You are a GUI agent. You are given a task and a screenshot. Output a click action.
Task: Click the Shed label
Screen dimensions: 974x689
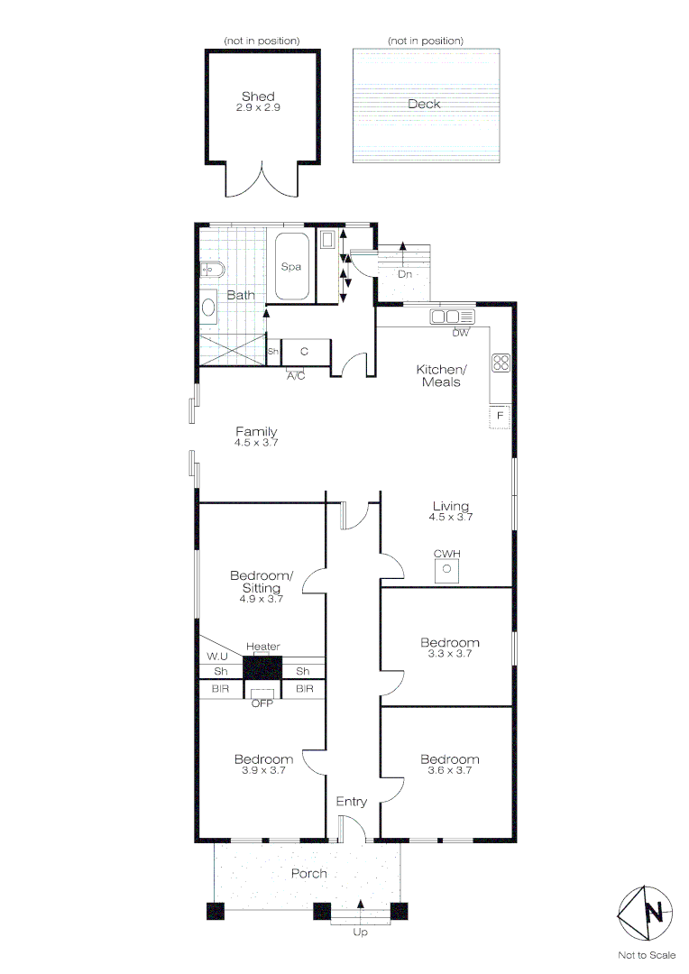click(258, 96)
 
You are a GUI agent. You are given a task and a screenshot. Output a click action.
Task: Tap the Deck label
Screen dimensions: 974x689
click(424, 104)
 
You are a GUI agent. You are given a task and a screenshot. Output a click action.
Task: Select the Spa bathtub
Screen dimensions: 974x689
click(291, 267)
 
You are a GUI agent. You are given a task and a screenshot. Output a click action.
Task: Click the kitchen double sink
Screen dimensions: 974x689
click(452, 317)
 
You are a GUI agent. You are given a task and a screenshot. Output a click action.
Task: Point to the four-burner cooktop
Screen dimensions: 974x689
click(501, 363)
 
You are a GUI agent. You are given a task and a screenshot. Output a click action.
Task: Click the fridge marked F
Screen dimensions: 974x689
click(500, 416)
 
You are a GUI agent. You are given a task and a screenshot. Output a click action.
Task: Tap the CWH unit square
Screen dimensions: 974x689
click(446, 569)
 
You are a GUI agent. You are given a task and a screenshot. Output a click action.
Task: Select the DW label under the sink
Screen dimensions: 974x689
click(461, 333)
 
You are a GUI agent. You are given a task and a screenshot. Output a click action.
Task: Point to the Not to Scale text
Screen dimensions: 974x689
click(646, 955)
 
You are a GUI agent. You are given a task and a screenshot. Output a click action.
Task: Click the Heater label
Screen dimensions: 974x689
click(262, 647)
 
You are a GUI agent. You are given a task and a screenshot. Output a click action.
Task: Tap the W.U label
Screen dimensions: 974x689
click(217, 656)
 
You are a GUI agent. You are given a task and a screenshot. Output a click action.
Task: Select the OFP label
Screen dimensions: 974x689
click(262, 703)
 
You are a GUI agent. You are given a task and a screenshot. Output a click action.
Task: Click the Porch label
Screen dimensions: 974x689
click(308, 873)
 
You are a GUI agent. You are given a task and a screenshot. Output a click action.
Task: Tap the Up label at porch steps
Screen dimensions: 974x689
click(361, 933)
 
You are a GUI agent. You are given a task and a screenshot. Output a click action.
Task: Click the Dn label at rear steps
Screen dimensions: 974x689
click(405, 274)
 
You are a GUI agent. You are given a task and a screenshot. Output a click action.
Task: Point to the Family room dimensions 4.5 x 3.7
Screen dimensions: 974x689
click(256, 443)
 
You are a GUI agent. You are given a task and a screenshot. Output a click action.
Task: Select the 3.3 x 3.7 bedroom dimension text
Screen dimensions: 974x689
click(450, 654)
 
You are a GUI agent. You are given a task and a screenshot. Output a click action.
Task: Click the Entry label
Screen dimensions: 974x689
click(352, 802)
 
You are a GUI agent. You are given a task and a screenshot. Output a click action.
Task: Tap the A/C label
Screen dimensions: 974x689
click(296, 376)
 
